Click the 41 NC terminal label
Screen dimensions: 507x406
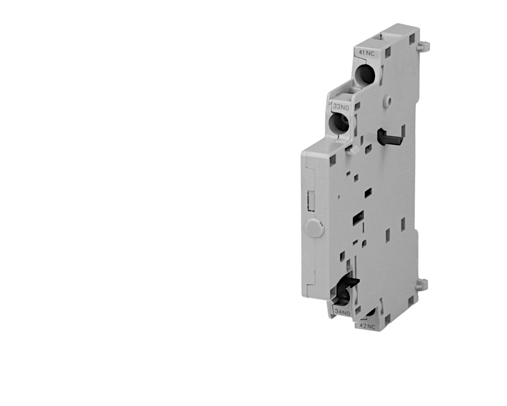coord(366,54)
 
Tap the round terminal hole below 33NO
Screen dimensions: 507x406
coord(339,124)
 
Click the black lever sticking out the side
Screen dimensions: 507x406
coord(389,137)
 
